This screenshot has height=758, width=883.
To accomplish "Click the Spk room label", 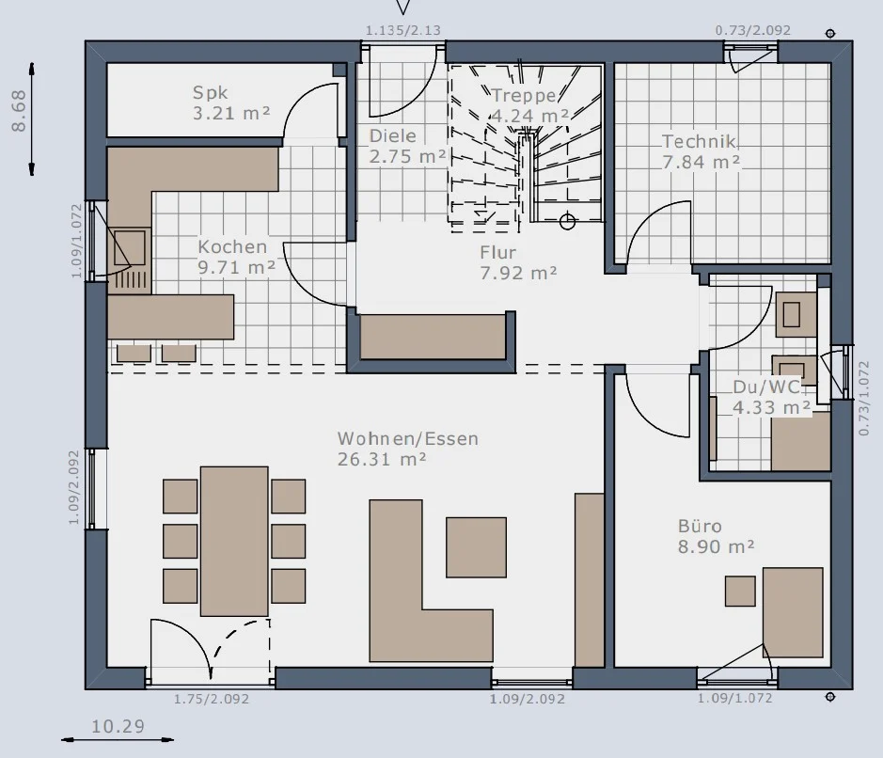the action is click(210, 93).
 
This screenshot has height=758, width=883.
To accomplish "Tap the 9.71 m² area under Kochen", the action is click(237, 267).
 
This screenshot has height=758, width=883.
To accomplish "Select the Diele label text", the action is click(392, 135).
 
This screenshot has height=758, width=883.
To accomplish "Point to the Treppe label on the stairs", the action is click(524, 96).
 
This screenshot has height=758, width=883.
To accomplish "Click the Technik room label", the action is click(699, 141).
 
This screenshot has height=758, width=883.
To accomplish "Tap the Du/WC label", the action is click(766, 387).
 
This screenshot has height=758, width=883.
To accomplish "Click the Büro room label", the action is click(700, 526).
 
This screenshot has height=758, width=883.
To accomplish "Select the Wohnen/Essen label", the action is click(408, 438).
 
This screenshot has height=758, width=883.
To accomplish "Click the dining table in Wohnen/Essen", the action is click(234, 541).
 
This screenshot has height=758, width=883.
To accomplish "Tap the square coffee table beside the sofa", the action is click(477, 547).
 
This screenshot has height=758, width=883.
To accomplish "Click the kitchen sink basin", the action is click(130, 247).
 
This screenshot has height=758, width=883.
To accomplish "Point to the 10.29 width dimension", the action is click(118, 726).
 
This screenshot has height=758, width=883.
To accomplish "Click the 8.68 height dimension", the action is click(19, 110).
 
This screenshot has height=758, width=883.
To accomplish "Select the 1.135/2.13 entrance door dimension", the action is click(403, 30).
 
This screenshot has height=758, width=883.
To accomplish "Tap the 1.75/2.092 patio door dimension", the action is click(212, 699).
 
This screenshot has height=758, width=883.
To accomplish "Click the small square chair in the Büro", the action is click(740, 591).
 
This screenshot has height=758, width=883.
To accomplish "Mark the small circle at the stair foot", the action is click(568, 221).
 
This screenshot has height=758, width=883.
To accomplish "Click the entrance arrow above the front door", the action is click(403, 7).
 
